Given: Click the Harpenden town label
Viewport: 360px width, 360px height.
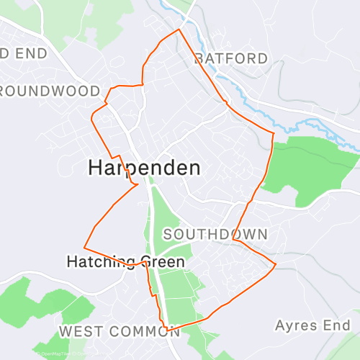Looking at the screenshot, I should point(144,168).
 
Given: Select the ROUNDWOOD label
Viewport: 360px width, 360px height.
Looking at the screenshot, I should point(50,91).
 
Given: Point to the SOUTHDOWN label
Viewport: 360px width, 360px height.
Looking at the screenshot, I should point(215,235).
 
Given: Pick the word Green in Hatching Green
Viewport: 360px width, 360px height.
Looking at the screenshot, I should point(162,262).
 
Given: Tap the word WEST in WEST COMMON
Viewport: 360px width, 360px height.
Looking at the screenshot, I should point(79,331).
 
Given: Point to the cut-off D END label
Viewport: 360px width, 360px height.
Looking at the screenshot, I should point(23,53).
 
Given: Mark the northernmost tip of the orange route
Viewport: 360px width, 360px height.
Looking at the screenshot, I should point(179,30).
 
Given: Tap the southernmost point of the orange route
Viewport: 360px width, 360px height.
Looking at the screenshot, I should point(168,329).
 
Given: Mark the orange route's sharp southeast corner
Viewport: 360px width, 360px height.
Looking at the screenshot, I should point(276,265).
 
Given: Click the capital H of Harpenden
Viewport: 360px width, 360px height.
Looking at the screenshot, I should point(96,168).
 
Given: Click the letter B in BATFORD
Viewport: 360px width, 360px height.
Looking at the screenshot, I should point(199,58).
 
